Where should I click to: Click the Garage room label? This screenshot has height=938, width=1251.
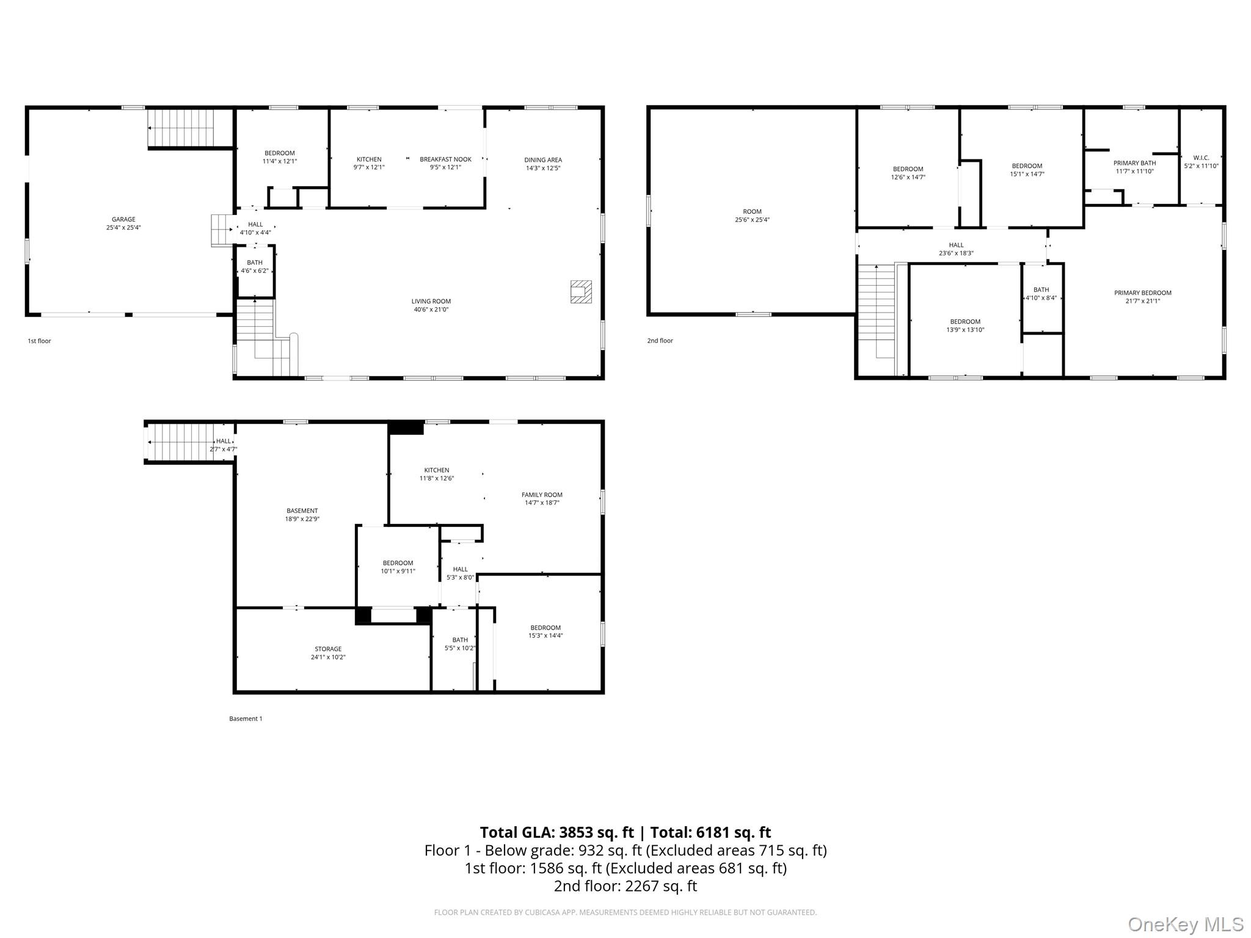pos(123,219)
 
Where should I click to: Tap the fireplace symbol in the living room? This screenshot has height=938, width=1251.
pos(581,291)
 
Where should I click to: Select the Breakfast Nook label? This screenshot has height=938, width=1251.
pos(445,159)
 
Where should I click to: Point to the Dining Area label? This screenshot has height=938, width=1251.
pos(543,160)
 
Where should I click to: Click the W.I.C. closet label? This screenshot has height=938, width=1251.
pos(1201,158)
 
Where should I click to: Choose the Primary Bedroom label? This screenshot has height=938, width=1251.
pos(1143,293)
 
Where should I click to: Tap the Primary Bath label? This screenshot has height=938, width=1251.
pos(1134,163)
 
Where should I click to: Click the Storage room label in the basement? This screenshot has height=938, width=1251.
pos(328,649)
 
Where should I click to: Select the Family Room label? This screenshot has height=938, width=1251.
pos(542,495)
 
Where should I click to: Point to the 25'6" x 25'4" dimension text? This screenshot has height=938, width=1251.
pos(752,220)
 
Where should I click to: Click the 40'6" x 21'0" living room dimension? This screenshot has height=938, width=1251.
pos(431,310)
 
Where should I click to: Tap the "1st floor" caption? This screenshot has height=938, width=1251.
pos(39,341)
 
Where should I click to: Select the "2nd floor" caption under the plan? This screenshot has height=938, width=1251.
pos(660,341)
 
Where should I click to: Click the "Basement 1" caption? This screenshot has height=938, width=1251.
pos(246,719)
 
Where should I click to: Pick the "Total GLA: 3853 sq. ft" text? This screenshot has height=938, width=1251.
pos(556,832)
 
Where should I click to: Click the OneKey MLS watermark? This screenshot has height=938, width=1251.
pos(1186,925)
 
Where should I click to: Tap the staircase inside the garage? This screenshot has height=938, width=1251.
pos(190,128)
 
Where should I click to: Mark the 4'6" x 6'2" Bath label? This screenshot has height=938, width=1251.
pos(255,267)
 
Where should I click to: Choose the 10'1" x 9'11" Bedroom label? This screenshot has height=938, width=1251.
pos(398,567)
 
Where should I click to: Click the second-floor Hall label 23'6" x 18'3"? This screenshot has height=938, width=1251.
pos(956,249)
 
